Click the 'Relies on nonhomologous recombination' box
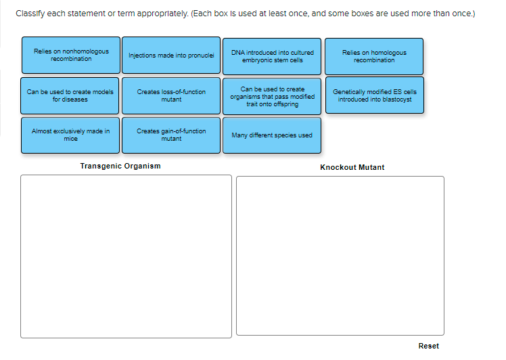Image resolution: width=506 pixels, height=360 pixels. click(70, 55)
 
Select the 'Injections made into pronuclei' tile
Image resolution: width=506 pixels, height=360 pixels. click(171, 55)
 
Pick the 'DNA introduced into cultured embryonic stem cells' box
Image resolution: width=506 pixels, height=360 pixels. click(272, 56)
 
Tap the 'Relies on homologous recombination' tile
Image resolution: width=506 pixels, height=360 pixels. click(374, 56)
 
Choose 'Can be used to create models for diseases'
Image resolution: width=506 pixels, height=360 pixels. click(70, 95)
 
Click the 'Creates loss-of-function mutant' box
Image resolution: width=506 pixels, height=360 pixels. click(171, 95)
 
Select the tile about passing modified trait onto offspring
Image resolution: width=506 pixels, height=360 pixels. click(272, 96)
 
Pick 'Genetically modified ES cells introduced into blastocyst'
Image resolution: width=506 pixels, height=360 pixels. click(374, 95)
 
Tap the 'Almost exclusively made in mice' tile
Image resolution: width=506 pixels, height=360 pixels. click(70, 135)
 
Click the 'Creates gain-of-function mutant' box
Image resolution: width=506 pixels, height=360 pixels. click(171, 135)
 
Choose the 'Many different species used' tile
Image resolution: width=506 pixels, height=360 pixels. click(272, 135)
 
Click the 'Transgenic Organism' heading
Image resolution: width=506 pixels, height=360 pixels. click(120, 166)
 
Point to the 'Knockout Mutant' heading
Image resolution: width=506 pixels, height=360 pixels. click(352, 167)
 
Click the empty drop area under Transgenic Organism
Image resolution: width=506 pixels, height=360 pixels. click(126, 256)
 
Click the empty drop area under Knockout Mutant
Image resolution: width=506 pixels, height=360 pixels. click(340, 255)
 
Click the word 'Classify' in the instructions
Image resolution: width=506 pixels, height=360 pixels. click(28, 14)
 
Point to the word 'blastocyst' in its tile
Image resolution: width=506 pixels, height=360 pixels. click(396, 99)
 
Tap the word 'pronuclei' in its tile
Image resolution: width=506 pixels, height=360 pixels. click(200, 55)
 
